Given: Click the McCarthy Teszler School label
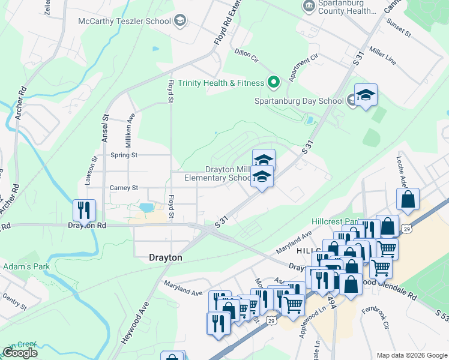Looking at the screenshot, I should [124, 21].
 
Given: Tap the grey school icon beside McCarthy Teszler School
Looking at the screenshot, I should [179, 22].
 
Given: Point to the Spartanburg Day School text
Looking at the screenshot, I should [298, 101].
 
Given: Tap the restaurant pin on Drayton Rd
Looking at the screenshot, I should [83, 210].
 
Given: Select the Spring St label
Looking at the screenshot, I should [124, 155].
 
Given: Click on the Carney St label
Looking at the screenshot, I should [124, 188].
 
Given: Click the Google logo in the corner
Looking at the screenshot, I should [19, 353].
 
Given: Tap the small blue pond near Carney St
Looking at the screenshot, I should [146, 208].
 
